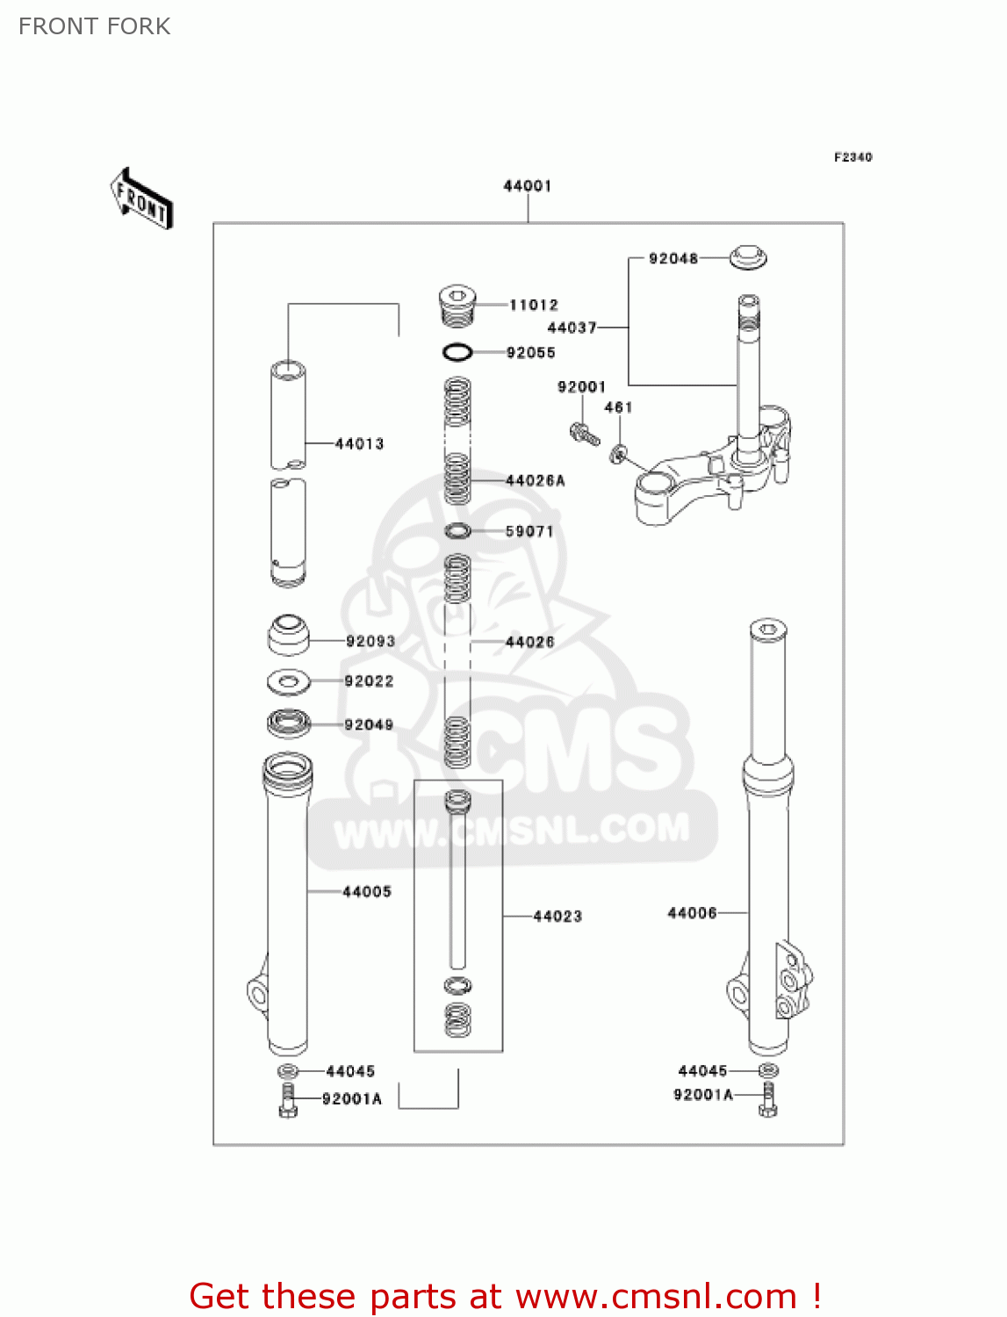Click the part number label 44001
click(x=527, y=186)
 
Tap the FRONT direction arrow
click(x=141, y=199)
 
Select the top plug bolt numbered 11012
click(x=457, y=304)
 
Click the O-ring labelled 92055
click(x=457, y=352)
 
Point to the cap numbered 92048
click(x=748, y=257)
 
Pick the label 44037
click(x=572, y=327)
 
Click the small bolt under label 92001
click(x=584, y=433)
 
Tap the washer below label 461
click(x=619, y=453)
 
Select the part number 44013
click(x=359, y=443)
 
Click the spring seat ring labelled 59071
click(x=457, y=530)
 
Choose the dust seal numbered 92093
click(x=288, y=635)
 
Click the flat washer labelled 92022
click(x=288, y=680)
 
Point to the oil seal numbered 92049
click(x=289, y=723)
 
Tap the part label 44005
click(x=366, y=892)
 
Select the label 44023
click(x=557, y=917)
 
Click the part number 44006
click(x=692, y=913)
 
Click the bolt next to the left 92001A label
click(x=288, y=1100)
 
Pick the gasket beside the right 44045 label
click(x=767, y=1070)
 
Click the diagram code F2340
click(x=852, y=157)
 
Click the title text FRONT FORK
click(x=95, y=26)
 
